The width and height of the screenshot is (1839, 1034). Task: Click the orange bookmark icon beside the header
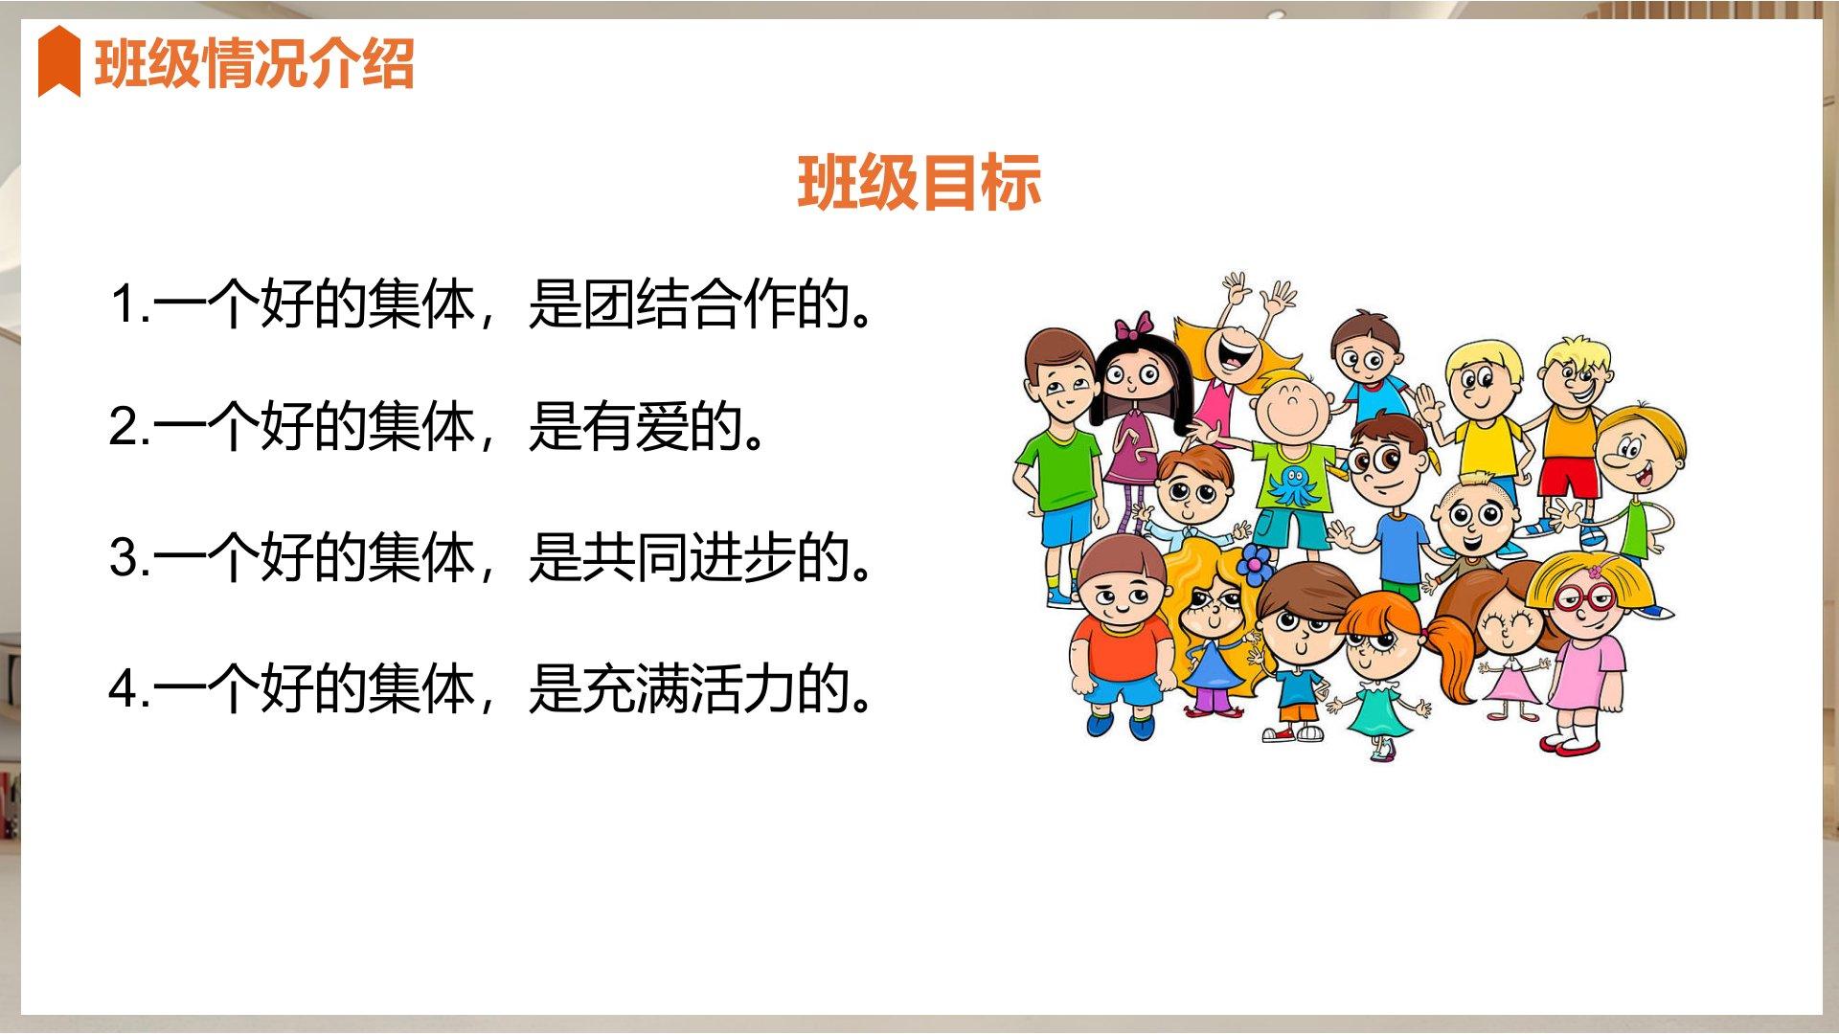pos(58,61)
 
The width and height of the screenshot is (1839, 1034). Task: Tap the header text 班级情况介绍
pos(254,64)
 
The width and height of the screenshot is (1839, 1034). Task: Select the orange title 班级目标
pos(919,182)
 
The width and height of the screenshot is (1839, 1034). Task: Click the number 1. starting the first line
pos(130,303)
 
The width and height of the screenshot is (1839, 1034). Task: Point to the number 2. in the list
pos(130,426)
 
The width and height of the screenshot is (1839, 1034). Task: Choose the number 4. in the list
pos(130,687)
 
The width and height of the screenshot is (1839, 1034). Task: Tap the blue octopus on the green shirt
pos(1294,484)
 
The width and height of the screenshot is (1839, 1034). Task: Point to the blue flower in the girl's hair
pos(1256,564)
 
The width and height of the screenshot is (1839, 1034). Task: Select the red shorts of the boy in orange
pos(1568,478)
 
